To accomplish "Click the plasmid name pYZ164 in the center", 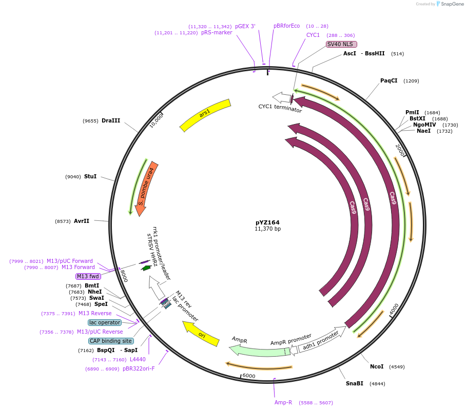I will pos(267,222).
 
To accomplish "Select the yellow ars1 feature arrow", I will pos(205,115).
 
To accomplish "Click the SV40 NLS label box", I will pos(341,45).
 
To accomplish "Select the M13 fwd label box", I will pos(88,276).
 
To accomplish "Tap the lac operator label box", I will pos(105,322).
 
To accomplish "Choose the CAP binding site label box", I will pos(111,341).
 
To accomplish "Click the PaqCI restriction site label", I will pos(389,80).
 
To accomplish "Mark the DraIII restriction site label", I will pos(110,121).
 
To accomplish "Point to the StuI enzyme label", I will pos(90,176).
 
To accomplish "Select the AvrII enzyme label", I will pos(82,221).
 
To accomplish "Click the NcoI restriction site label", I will pos(377,366).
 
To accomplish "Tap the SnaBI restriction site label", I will pos(354,383).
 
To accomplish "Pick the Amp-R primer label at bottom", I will pos(283,402).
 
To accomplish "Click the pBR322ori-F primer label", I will pos(139,368).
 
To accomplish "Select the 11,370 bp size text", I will pos(267,229).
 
